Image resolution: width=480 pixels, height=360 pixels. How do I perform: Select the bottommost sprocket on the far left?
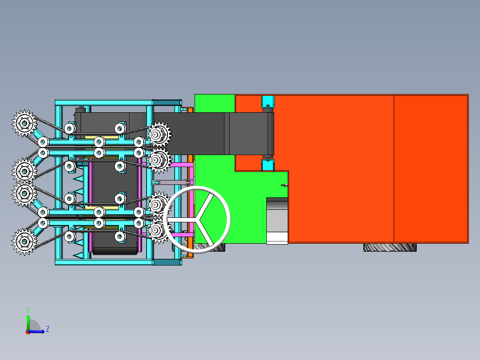24,241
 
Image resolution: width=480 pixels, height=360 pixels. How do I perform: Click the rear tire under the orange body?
390,247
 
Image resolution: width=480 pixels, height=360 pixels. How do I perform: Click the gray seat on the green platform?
277,221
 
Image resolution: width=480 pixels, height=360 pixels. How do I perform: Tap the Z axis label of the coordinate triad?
47,329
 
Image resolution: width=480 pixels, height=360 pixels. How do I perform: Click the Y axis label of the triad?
28,309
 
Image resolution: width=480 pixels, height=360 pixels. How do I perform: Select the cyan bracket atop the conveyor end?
267,101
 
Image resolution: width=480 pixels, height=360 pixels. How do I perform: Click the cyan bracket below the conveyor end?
267,165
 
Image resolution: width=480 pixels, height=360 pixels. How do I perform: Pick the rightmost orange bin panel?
431,168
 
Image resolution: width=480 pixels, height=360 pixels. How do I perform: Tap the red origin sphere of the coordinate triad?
28,331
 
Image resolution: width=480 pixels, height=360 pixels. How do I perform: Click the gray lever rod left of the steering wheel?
171,182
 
